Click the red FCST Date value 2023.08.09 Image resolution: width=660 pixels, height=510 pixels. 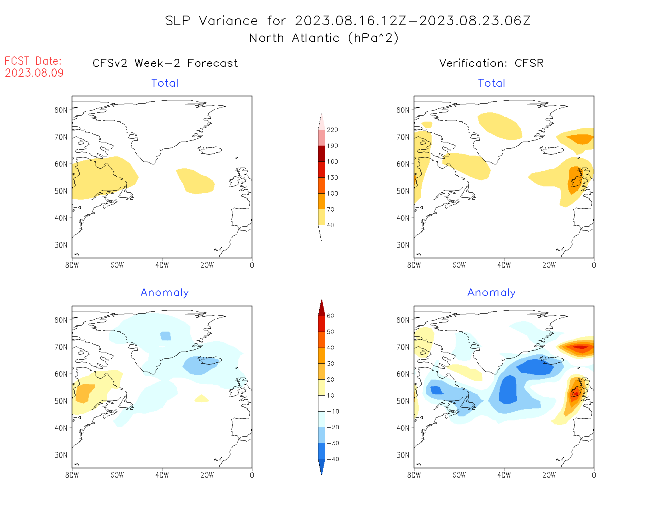34,73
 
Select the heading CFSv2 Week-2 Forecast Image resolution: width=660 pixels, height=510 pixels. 165,63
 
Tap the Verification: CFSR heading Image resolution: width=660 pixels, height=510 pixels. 491,63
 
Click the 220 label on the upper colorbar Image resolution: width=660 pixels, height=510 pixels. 332,130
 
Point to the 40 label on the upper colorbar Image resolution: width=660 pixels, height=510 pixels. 330,225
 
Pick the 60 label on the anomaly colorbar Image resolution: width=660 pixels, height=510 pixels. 330,316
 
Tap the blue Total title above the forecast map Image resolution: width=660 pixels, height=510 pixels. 164,83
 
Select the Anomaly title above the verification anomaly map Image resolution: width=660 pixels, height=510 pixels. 491,293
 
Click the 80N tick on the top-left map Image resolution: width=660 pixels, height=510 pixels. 61,110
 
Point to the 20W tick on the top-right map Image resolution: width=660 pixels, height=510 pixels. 549,265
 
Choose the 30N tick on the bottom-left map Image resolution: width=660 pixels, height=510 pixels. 61,455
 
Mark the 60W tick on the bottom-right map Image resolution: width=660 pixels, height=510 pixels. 459,475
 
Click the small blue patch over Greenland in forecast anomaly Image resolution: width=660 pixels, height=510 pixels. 165,336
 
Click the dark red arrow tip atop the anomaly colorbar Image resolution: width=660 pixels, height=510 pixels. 322,306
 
